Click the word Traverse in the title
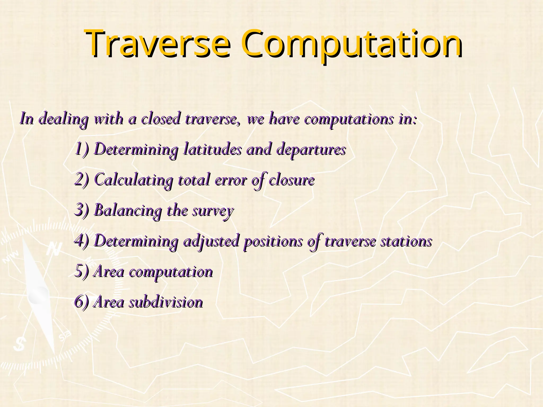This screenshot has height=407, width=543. coord(158,44)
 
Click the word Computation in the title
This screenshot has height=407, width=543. coord(351,44)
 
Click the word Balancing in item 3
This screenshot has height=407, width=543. coord(128,211)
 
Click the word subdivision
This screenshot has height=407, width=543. coord(166,302)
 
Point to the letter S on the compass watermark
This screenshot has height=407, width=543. coord(19,344)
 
